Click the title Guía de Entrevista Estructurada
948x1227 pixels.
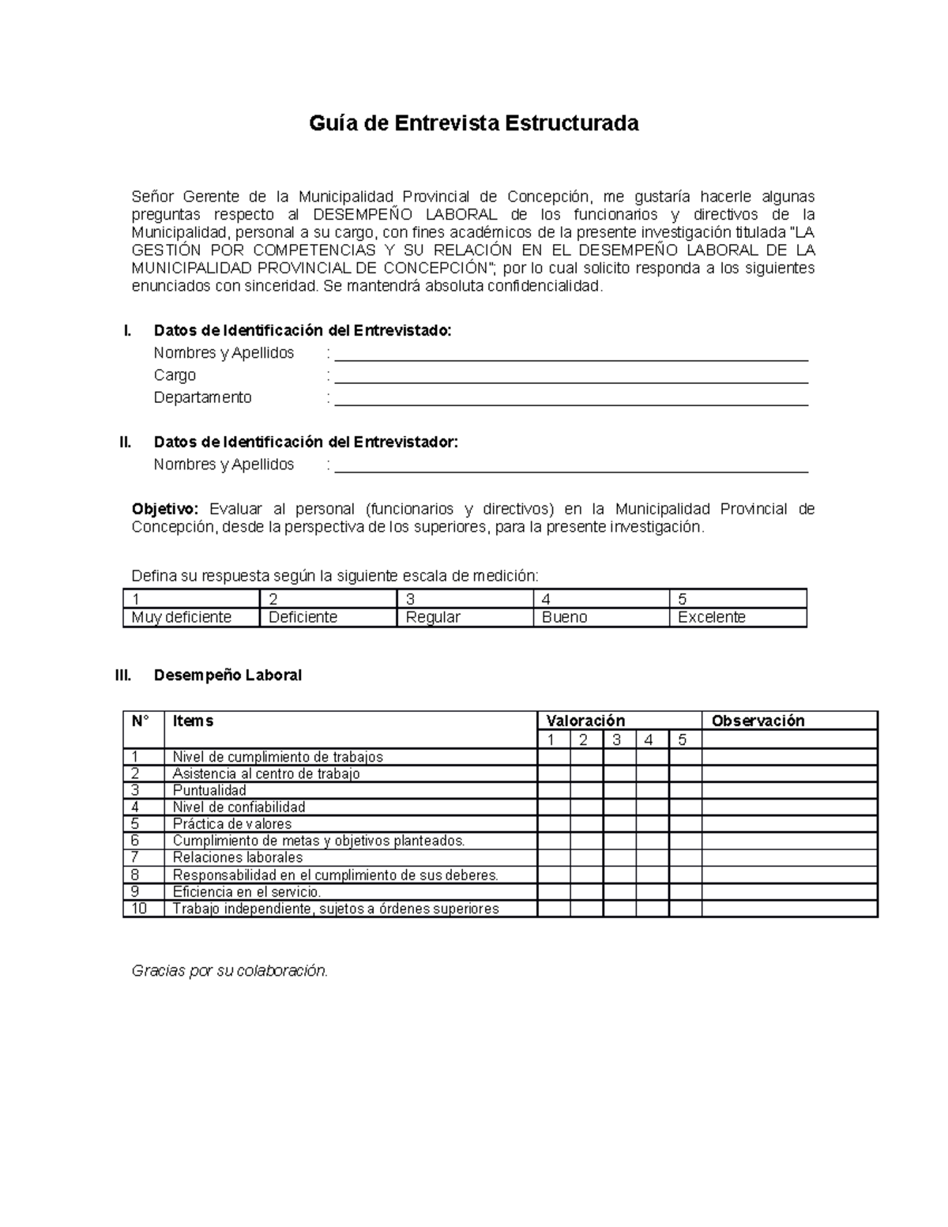pos(473,124)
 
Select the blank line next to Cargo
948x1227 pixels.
pos(570,376)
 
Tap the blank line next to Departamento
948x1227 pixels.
pos(570,398)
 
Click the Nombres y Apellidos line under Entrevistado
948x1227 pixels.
pos(570,354)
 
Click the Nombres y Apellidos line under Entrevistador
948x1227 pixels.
pos(570,465)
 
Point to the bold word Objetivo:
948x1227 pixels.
pos(166,510)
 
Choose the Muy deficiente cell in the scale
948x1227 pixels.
pos(191,618)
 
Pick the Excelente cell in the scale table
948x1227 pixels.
pos(738,618)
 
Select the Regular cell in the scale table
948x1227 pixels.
pos(465,618)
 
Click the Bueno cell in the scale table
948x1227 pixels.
pos(601,618)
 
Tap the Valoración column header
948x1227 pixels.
pos(585,721)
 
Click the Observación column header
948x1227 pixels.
pos(758,721)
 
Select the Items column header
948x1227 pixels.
pos(193,721)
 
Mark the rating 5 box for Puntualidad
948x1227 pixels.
pos(685,791)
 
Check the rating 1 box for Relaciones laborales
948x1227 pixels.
pos(554,858)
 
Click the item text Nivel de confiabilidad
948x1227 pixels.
pos(239,807)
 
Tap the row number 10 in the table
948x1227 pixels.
pos(140,909)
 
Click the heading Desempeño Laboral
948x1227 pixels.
pos(228,676)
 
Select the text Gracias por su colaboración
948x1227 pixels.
pos(229,971)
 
